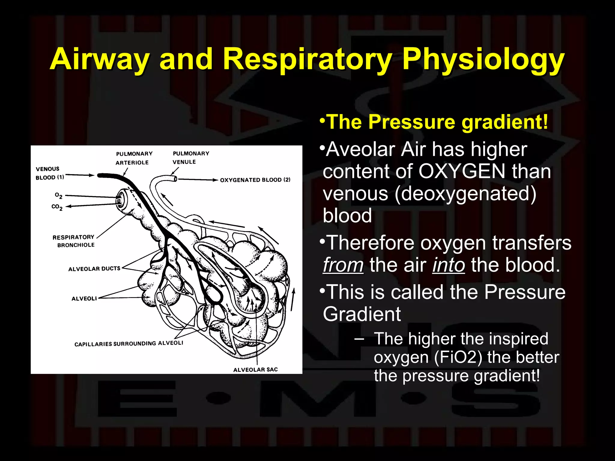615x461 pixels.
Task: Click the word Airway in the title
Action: pyautogui.click(x=99, y=59)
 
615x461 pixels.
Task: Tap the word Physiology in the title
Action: pyautogui.click(x=483, y=59)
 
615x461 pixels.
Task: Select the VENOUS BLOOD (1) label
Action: pyautogui.click(x=49, y=173)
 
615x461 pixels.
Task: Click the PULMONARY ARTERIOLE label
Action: pyautogui.click(x=134, y=158)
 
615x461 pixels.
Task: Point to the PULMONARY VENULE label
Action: pyautogui.click(x=190, y=158)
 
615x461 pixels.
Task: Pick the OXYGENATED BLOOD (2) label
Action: pyautogui.click(x=255, y=180)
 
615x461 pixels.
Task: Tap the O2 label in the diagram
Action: pyautogui.click(x=59, y=195)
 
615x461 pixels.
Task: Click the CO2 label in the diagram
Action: pyautogui.click(x=57, y=207)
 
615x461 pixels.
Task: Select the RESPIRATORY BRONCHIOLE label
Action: pyautogui.click(x=74, y=241)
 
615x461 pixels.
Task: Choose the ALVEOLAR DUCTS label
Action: pyautogui.click(x=94, y=269)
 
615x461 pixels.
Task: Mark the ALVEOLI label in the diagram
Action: pyautogui.click(x=84, y=298)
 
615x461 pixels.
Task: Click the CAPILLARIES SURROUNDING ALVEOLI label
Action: pyautogui.click(x=129, y=343)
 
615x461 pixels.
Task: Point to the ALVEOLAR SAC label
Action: pyautogui.click(x=255, y=369)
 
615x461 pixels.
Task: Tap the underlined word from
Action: pyautogui.click(x=343, y=265)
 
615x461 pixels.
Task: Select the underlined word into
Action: pyautogui.click(x=449, y=265)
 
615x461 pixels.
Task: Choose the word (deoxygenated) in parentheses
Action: pyautogui.click(x=465, y=194)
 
